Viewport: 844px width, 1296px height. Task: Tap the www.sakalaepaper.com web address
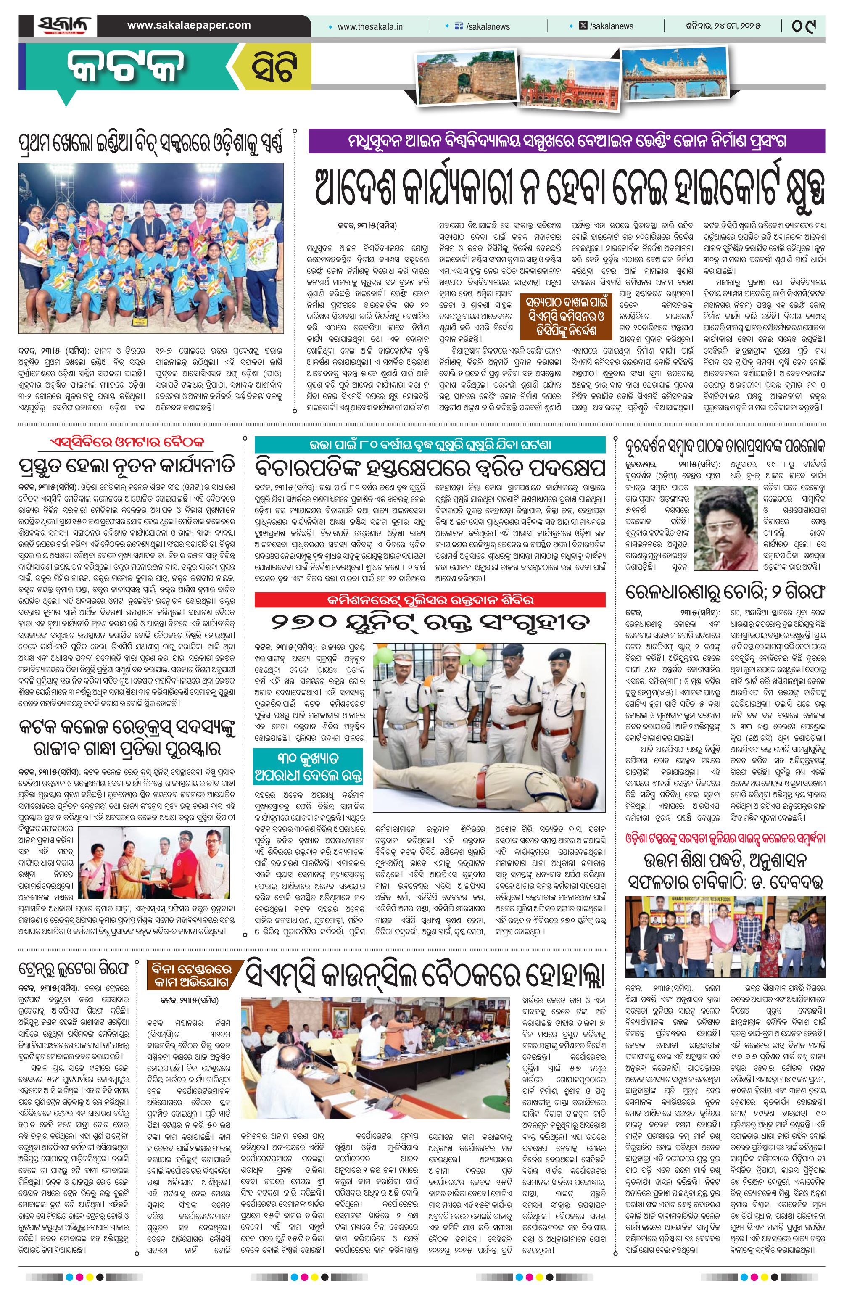point(189,25)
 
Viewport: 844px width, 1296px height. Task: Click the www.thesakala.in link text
point(370,26)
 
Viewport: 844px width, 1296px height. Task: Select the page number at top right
point(805,26)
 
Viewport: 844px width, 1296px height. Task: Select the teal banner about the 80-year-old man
point(430,445)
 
